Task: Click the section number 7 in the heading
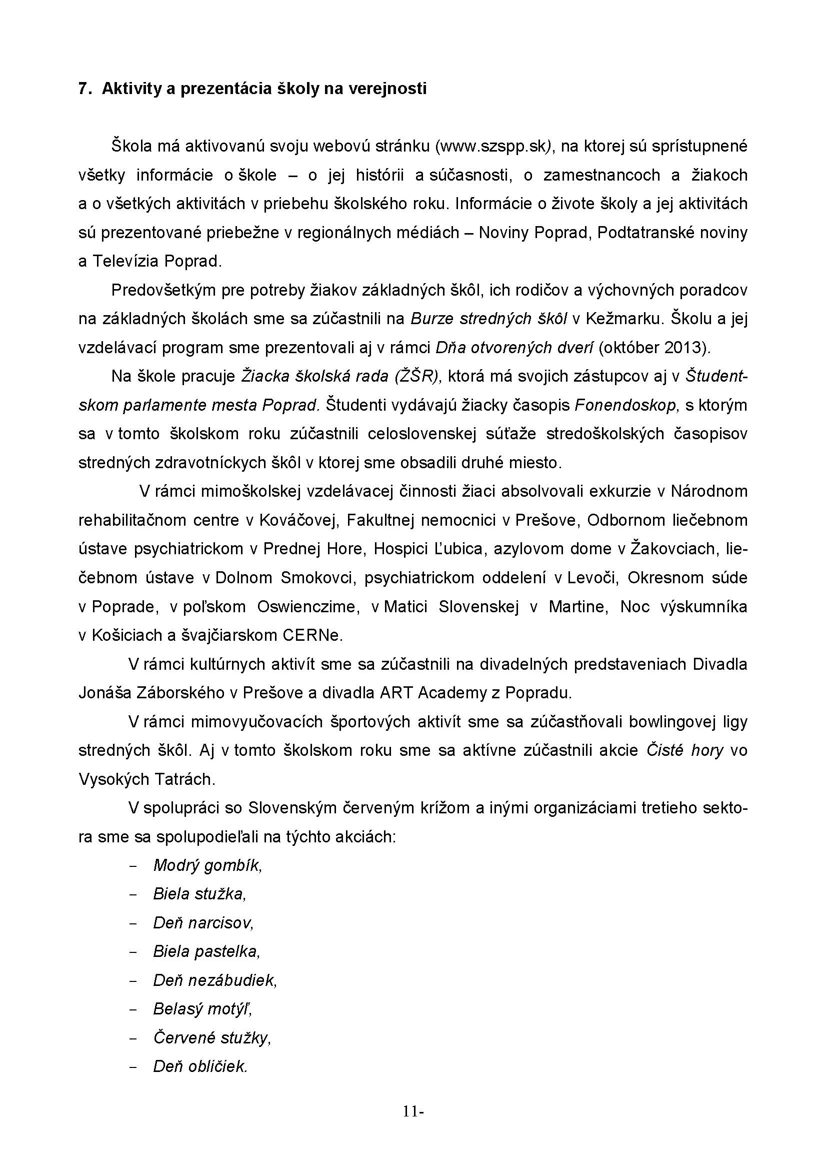82,89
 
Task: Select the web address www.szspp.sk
493,147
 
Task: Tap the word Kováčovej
299,520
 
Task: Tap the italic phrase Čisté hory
684,751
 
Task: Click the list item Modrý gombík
207,866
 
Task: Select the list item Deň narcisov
203,923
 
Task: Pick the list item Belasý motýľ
202,1009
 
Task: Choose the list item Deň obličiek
200,1067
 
